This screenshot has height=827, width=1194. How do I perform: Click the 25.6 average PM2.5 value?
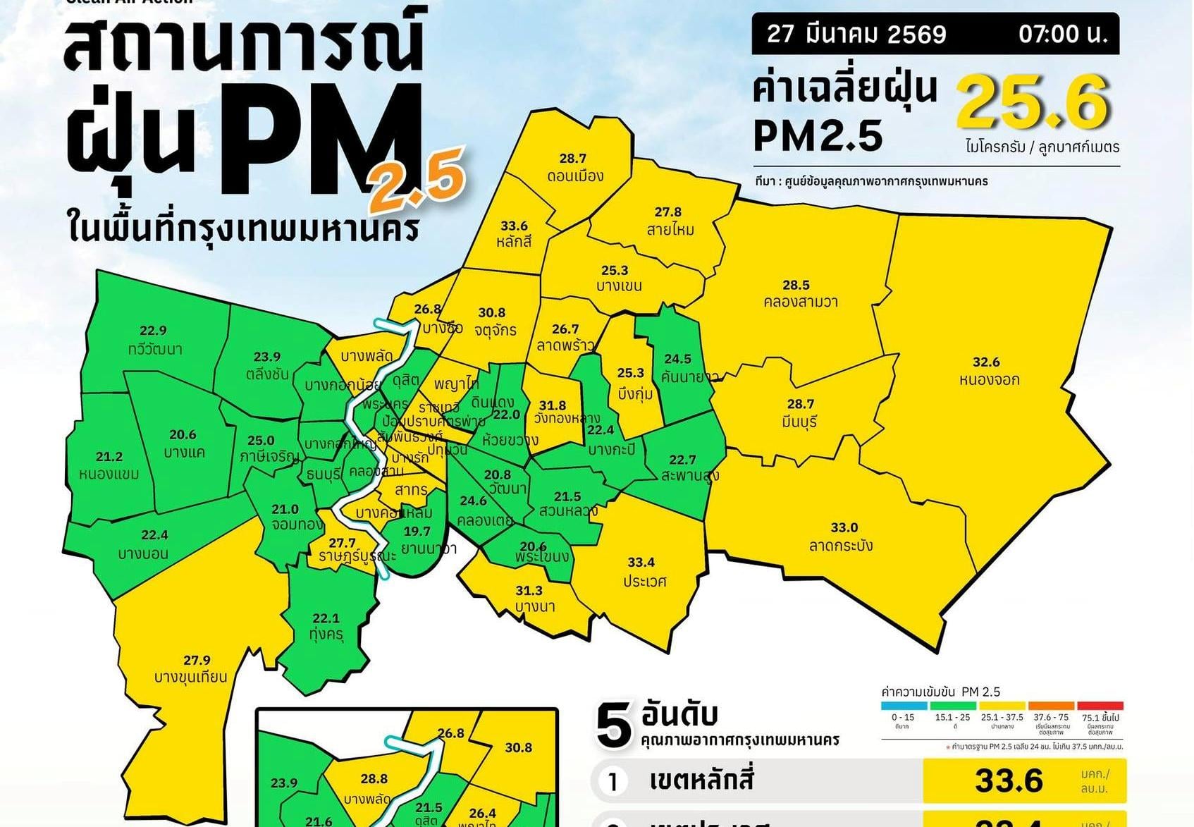pyautogui.click(x=1033, y=104)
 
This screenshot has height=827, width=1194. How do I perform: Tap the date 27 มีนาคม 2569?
pyautogui.click(x=856, y=34)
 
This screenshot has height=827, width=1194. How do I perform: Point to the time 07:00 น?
pyautogui.click(x=1063, y=34)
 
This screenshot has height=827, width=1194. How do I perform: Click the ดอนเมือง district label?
pyautogui.click(x=575, y=176)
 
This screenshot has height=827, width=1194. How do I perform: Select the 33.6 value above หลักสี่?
pyautogui.click(x=514, y=226)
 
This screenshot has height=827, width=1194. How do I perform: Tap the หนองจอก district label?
pyautogui.click(x=989, y=379)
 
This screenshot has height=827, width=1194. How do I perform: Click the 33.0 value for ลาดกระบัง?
pyautogui.click(x=844, y=527)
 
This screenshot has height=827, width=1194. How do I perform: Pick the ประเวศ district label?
pyautogui.click(x=644, y=581)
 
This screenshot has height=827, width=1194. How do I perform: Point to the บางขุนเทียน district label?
pyautogui.click(x=191, y=677)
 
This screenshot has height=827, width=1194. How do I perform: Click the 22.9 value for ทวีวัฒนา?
pyautogui.click(x=153, y=330)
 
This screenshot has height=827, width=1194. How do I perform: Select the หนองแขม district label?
pyautogui.click(x=109, y=474)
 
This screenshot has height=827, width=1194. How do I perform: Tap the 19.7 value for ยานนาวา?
pyautogui.click(x=417, y=531)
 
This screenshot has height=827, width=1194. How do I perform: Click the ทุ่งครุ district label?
pyautogui.click(x=326, y=635)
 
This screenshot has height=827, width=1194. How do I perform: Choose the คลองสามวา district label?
pyautogui.click(x=801, y=302)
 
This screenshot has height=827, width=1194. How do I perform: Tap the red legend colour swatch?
pyautogui.click(x=1100, y=705)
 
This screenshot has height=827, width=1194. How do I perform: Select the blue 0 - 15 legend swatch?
pyautogui.click(x=904, y=705)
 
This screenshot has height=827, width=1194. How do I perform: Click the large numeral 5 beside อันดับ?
pyautogui.click(x=613, y=726)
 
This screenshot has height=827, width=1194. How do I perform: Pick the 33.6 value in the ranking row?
pyautogui.click(x=1009, y=780)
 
